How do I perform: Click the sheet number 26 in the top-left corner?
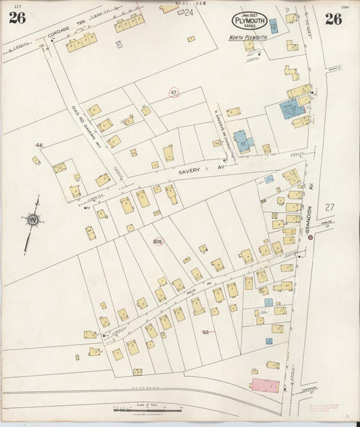[x=17, y=18]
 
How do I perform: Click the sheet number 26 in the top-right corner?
[x=333, y=19]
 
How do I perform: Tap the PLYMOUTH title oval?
[x=250, y=21]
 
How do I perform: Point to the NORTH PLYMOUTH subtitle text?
[x=247, y=37]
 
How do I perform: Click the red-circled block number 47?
[x=174, y=93]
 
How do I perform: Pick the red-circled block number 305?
[x=158, y=241]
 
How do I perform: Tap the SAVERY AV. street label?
[x=192, y=172]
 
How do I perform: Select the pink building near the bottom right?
[x=263, y=385]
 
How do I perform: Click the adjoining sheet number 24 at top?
[x=188, y=12]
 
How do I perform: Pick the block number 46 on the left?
[x=39, y=145]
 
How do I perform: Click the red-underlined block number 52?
[x=206, y=332]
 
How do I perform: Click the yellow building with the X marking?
[x=60, y=166]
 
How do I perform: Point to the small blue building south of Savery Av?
[x=269, y=179]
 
